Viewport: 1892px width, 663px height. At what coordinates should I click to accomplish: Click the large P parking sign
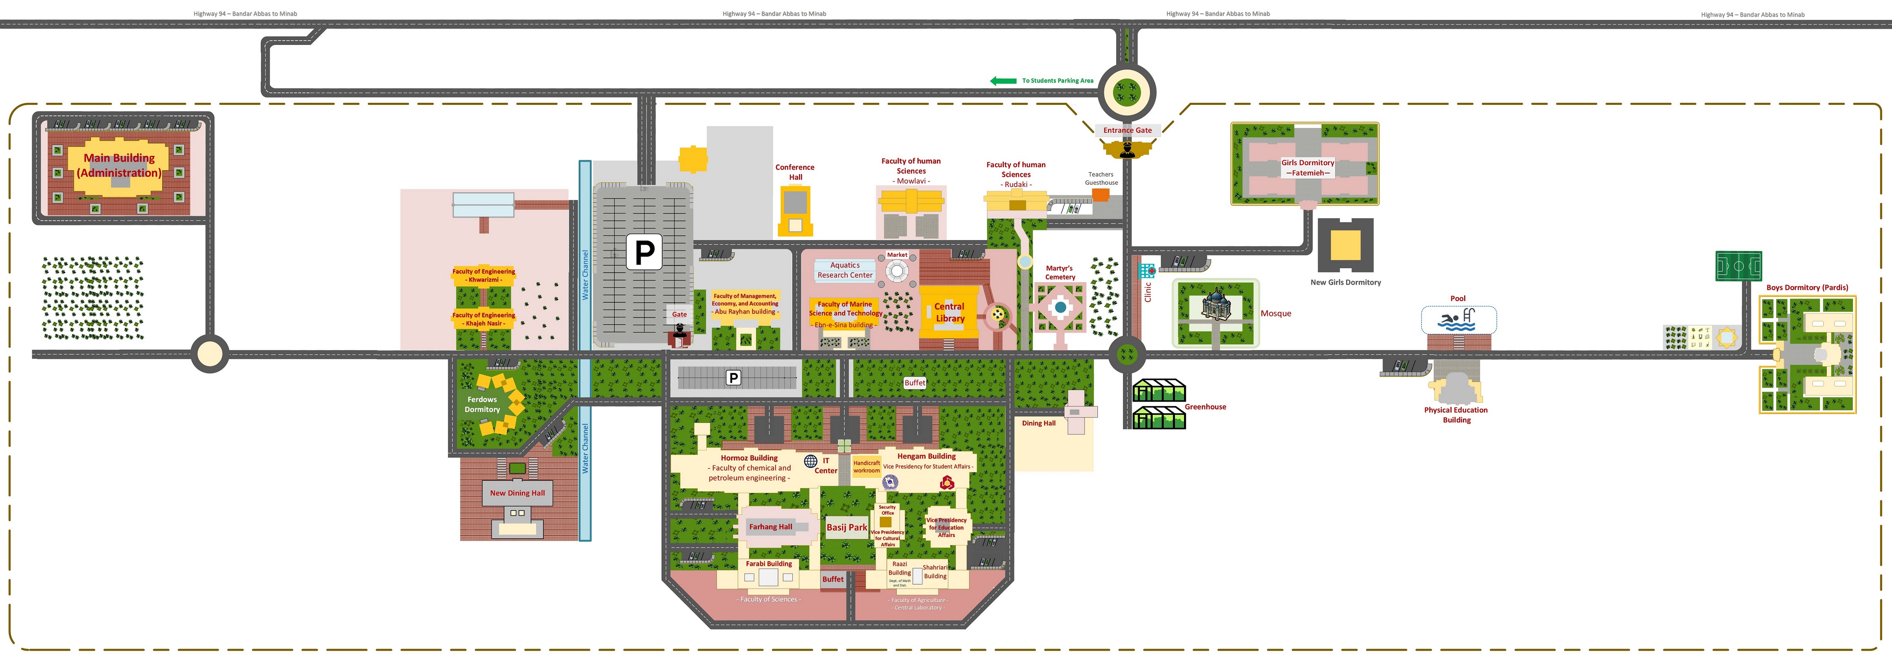point(644,252)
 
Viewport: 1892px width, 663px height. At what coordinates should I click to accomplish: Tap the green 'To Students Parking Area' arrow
point(1003,81)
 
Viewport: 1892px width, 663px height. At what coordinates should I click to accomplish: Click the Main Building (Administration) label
point(119,165)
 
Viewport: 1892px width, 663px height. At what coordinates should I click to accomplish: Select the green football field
point(1738,266)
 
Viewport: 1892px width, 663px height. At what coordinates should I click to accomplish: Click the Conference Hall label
point(795,172)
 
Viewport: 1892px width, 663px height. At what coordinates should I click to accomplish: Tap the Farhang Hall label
point(770,527)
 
